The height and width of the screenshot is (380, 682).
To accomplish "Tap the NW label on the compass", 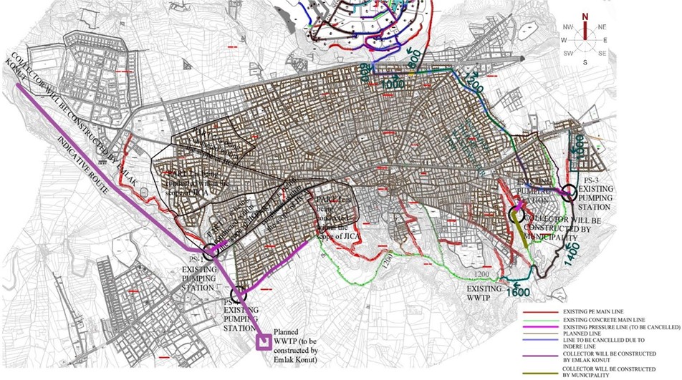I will (x=568, y=27).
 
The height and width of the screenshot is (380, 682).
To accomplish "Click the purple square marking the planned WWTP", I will (x=264, y=342).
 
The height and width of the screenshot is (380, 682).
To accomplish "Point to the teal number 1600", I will (x=517, y=292).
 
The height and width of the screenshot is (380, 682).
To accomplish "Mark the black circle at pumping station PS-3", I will (x=569, y=192).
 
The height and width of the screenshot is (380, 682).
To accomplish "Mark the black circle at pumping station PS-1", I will (x=211, y=252).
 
